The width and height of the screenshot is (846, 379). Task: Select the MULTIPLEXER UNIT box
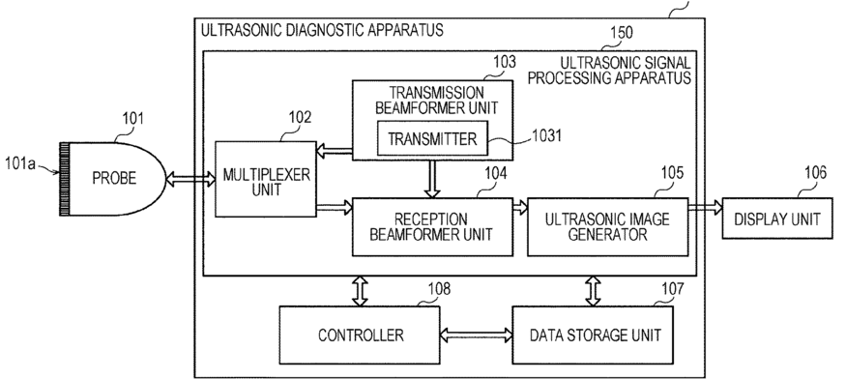(x=266, y=179)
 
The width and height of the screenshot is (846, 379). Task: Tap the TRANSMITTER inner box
(x=432, y=138)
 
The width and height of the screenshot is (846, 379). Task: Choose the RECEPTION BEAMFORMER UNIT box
(x=432, y=227)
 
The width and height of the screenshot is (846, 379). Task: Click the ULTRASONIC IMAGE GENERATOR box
(x=607, y=227)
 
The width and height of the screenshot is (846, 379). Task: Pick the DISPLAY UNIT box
(x=777, y=219)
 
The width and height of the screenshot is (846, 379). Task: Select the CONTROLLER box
(x=360, y=335)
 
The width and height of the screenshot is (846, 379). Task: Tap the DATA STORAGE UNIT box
(x=593, y=335)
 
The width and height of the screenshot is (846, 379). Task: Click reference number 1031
(x=547, y=135)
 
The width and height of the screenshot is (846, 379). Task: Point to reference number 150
(x=621, y=33)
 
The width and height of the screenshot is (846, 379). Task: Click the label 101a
(x=20, y=163)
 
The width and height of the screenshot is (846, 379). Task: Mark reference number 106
(x=815, y=173)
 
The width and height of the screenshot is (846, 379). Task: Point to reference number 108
(x=439, y=289)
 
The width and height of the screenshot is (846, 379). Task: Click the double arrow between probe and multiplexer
(x=190, y=180)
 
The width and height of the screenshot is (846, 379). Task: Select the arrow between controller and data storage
(x=476, y=335)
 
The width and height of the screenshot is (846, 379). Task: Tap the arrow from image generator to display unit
(x=705, y=207)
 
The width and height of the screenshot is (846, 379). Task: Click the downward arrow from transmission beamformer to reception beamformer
(x=431, y=179)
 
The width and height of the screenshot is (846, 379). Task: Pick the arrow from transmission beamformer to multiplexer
(x=334, y=151)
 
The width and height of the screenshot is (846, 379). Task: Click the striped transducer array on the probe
(x=64, y=179)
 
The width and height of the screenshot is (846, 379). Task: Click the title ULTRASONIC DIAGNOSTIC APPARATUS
(x=322, y=30)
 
